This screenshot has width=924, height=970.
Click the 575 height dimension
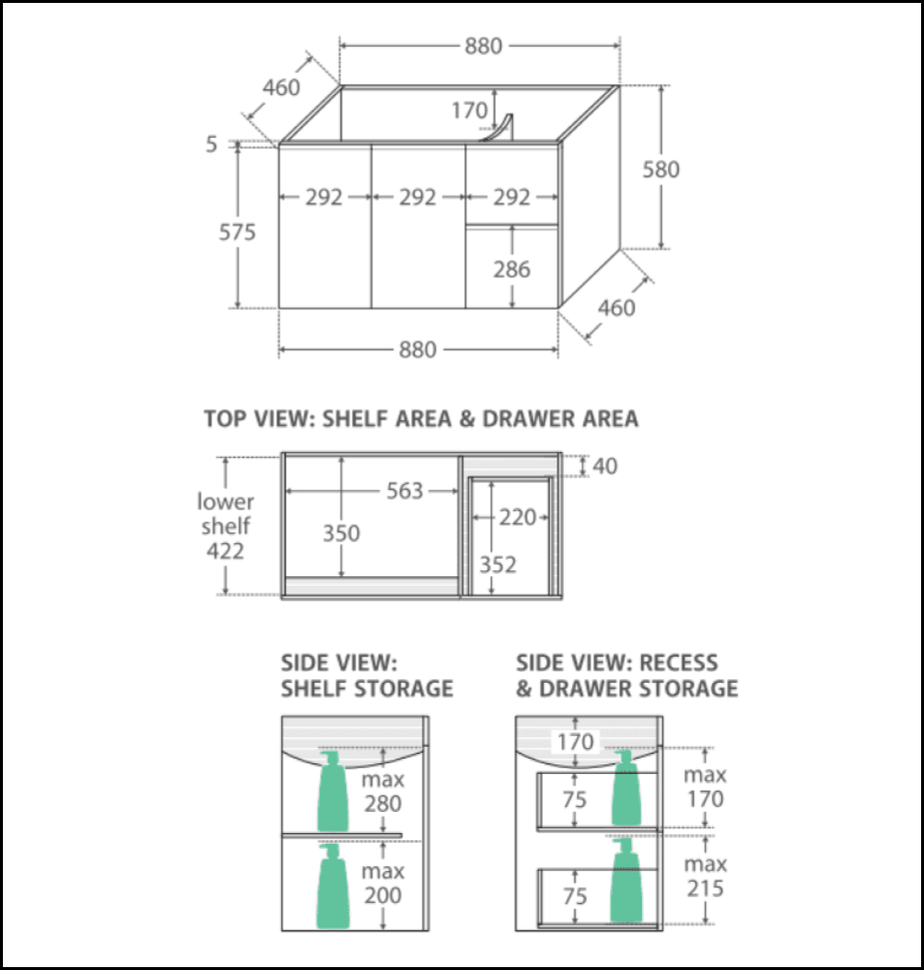[237, 233]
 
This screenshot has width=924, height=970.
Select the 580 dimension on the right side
[661, 170]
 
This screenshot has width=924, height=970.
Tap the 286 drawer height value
[511, 269]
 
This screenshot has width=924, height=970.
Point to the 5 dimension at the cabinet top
[211, 144]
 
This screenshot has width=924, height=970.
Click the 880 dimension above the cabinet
[482, 46]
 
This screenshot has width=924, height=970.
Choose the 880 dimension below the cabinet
[418, 350]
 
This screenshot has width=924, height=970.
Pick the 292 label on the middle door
[418, 197]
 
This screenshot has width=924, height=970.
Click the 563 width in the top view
[404, 491]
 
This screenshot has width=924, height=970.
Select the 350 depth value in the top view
[341, 533]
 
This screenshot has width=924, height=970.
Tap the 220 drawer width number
[517, 518]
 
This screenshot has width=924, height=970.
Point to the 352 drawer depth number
[497, 565]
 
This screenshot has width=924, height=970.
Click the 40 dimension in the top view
[604, 467]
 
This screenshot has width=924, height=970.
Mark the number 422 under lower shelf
[225, 551]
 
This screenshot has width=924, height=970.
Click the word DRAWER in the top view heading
[525, 419]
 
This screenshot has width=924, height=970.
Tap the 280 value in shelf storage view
[383, 803]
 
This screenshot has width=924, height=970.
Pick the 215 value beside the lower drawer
[704, 888]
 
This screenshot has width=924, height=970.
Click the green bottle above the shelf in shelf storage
[333, 791]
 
